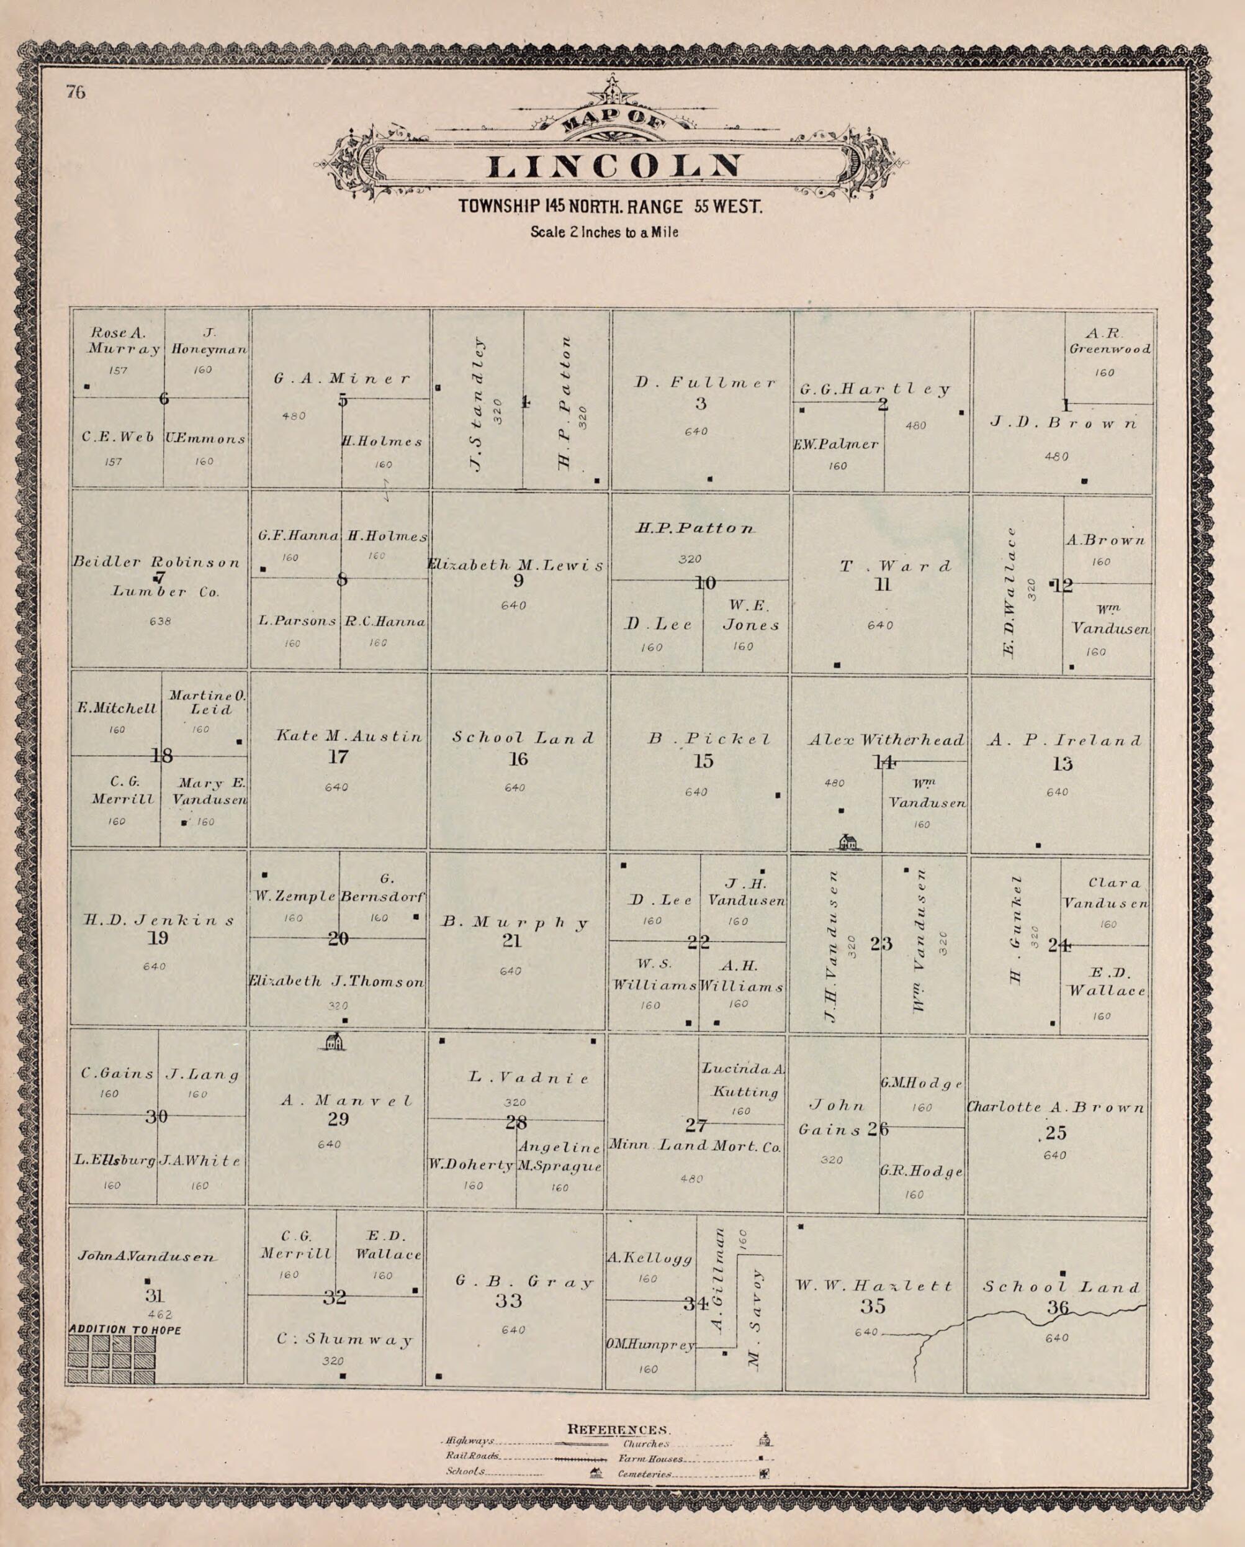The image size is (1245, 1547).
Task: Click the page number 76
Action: (x=75, y=92)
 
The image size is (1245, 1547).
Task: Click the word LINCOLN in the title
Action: (x=614, y=166)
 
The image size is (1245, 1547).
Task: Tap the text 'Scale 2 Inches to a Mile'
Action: (x=604, y=232)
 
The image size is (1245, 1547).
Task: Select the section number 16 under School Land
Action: (x=518, y=759)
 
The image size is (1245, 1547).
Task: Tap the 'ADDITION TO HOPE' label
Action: (x=125, y=1330)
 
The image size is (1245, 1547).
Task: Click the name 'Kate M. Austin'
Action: (x=349, y=736)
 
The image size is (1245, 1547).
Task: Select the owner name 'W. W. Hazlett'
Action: (x=873, y=1286)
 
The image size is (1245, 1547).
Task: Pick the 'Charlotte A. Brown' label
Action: (x=1056, y=1107)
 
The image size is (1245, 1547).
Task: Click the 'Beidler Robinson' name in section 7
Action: (x=156, y=563)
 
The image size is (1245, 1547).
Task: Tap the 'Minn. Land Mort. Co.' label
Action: (x=694, y=1146)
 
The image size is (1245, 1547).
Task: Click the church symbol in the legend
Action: (x=766, y=1440)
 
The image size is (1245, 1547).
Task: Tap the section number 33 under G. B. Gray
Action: (x=509, y=1300)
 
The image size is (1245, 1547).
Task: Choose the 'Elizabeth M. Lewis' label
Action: (x=516, y=565)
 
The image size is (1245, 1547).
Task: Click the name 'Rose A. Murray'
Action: (x=123, y=341)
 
